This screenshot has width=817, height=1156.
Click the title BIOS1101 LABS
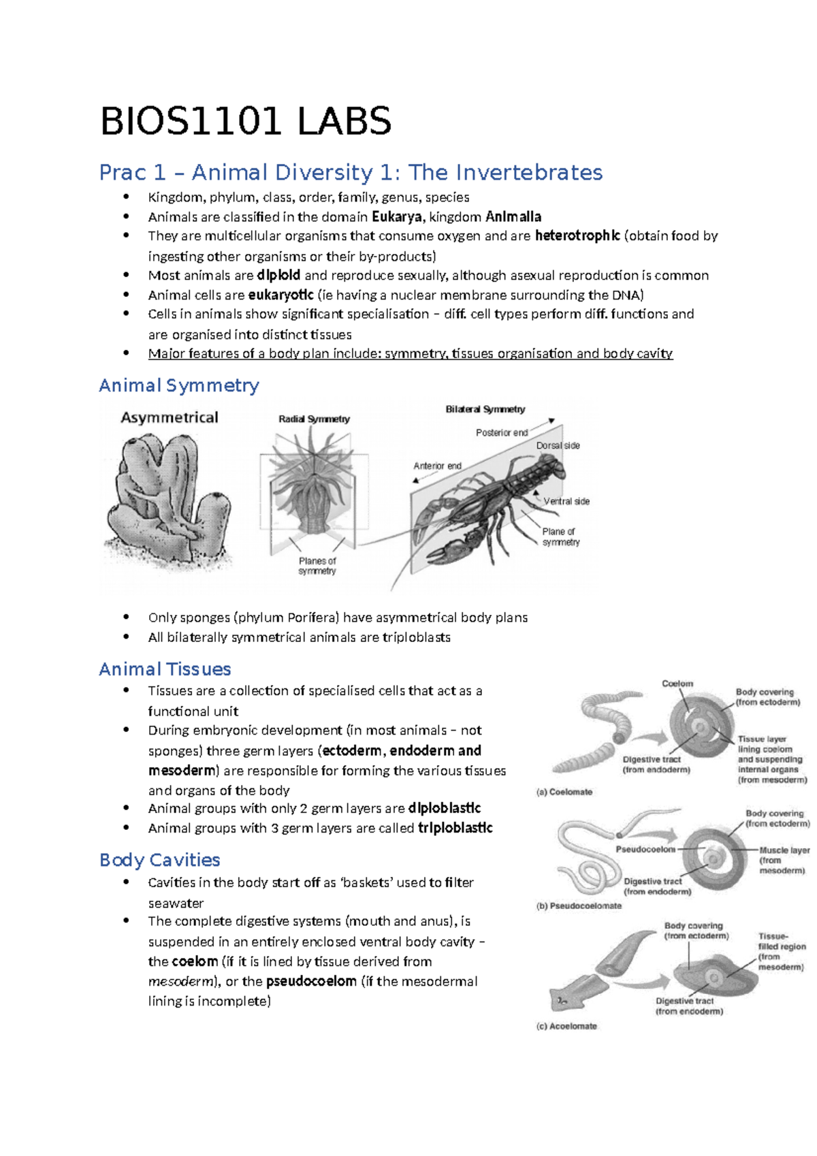(246, 122)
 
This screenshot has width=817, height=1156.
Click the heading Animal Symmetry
(179, 385)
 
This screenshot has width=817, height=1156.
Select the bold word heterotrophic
(577, 236)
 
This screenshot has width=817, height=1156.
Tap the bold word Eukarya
(396, 217)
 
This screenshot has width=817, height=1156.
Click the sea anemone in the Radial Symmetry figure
(314, 490)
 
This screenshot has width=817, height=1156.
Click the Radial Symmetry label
(314, 419)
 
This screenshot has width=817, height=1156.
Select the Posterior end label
(502, 433)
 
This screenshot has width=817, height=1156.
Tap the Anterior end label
(437, 466)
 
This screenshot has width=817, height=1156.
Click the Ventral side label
(566, 502)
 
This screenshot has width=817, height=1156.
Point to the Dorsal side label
(558, 446)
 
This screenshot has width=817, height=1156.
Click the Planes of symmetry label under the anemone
(317, 566)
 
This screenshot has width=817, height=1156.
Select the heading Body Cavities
(159, 860)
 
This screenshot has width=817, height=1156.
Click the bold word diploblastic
(444, 808)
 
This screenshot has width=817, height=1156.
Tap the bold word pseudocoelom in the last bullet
(311, 982)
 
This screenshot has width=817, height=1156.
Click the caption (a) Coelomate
(564, 792)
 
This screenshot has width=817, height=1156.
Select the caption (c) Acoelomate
(566, 1027)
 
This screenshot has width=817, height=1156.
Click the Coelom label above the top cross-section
(677, 684)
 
